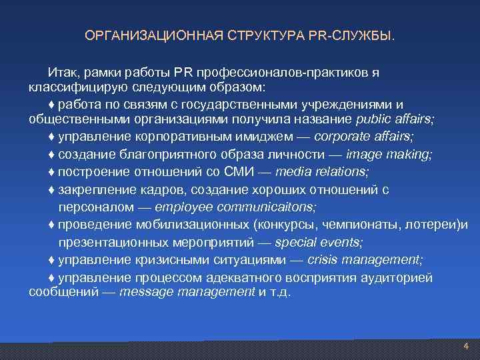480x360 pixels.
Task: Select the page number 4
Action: tap(466, 346)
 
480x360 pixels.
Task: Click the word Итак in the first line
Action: tap(61, 72)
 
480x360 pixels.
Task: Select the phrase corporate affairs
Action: tap(364, 137)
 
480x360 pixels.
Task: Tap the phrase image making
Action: tap(390, 154)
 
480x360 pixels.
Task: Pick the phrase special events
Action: tap(319, 241)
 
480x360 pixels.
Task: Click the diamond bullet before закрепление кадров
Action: tap(52, 190)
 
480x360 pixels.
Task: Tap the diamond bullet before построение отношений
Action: tap(52, 172)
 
